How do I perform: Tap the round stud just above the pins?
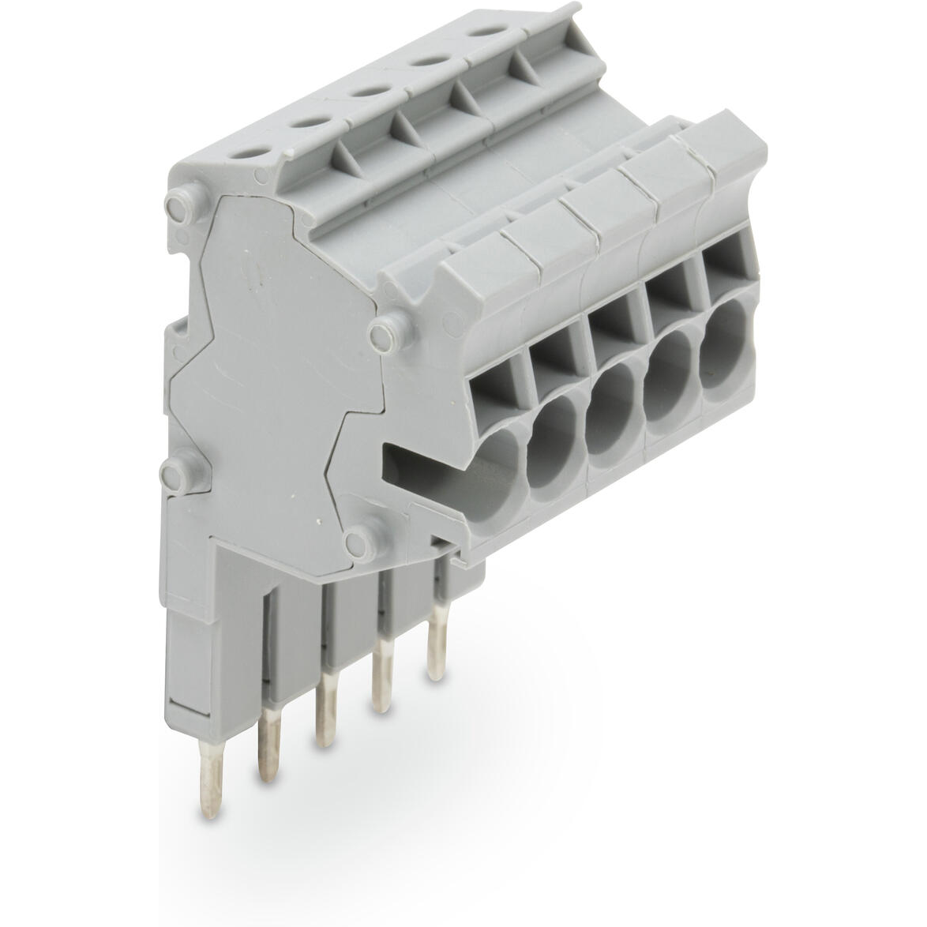[x=360, y=542]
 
